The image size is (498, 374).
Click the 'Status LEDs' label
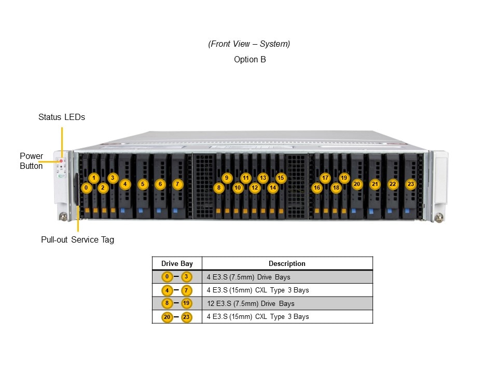pos(61,117)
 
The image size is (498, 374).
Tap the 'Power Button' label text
pos(31,161)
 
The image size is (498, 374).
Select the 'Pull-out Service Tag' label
pos(77,240)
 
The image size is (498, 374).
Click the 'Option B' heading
pos(250,60)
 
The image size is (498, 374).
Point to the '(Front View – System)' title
pos(249,44)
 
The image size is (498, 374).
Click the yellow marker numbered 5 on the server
pos(143,184)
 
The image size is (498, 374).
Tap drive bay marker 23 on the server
pos(411,184)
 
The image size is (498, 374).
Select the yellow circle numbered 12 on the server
pos(255,188)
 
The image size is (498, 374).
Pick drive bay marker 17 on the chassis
pos(325,178)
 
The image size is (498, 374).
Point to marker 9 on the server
pos(227,178)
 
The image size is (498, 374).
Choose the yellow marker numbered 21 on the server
pos(375,184)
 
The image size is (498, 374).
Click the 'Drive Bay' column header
pos(177,263)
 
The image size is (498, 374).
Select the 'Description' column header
pos(287,263)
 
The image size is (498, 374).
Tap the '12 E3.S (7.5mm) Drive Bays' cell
pos(250,303)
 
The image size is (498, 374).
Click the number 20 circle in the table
pos(167,317)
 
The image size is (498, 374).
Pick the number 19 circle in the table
pos(187,303)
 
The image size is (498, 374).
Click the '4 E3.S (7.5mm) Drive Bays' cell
pos(246,277)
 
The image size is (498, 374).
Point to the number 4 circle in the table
pos(167,290)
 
